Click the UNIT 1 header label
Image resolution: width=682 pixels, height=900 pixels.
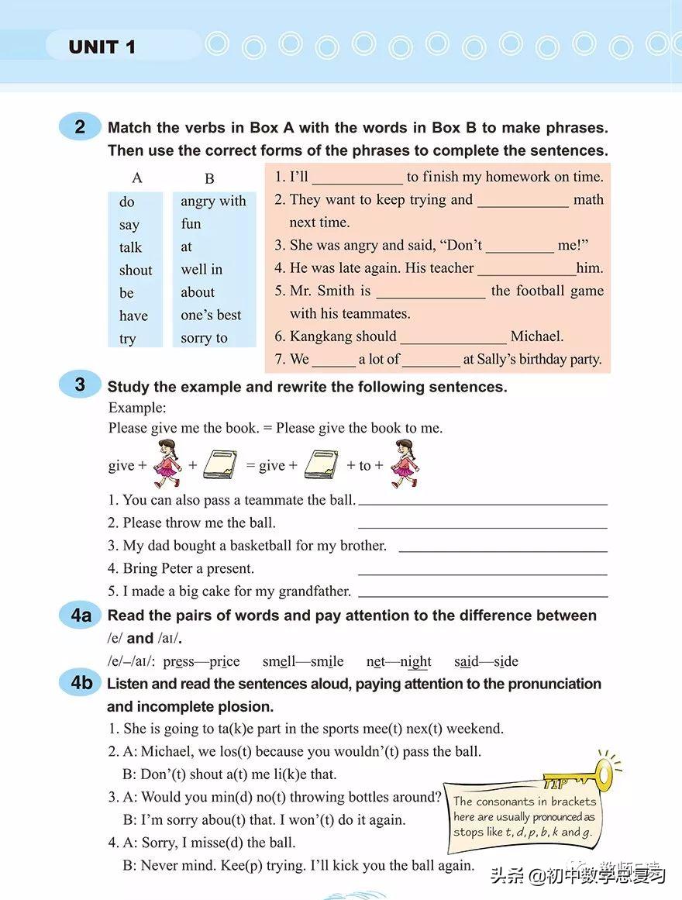tap(102, 47)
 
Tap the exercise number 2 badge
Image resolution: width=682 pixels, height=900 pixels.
tap(80, 126)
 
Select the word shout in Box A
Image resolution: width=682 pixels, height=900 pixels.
tap(136, 270)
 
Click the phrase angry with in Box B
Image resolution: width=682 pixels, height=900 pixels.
tap(213, 201)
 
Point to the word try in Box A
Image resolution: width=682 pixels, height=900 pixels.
tap(127, 339)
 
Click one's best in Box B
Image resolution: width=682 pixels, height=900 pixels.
tap(211, 315)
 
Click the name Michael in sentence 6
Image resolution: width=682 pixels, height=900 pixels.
tap(537, 336)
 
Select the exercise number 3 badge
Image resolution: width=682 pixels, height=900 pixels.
tap(80, 384)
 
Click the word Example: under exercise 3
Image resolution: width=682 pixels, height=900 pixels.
tap(137, 408)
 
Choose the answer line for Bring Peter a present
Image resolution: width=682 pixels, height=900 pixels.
tap(482, 570)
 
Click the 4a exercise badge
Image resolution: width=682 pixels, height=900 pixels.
tap(81, 616)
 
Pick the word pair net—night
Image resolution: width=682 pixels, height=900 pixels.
tap(398, 661)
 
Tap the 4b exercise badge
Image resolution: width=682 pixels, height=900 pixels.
tap(81, 683)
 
